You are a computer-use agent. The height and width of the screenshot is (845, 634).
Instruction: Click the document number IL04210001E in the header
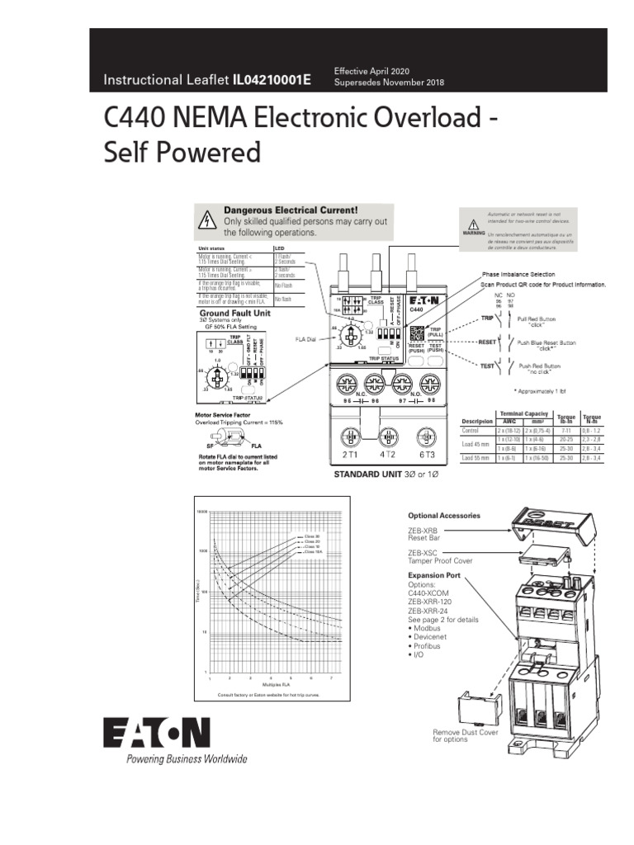[x=272, y=80]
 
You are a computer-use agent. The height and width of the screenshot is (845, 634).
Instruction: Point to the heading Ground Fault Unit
[x=234, y=314]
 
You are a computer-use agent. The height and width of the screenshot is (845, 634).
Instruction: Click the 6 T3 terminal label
[x=426, y=455]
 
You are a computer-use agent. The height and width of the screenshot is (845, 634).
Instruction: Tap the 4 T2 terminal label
[x=388, y=455]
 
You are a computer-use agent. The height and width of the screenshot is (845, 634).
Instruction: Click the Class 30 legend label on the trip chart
[x=311, y=536]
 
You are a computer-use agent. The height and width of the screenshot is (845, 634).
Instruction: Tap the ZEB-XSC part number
[x=423, y=552]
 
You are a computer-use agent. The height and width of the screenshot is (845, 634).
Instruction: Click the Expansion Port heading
[x=434, y=575]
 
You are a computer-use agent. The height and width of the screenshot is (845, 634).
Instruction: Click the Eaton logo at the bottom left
[x=156, y=732]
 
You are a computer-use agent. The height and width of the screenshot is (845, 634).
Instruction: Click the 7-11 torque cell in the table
[x=565, y=431]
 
